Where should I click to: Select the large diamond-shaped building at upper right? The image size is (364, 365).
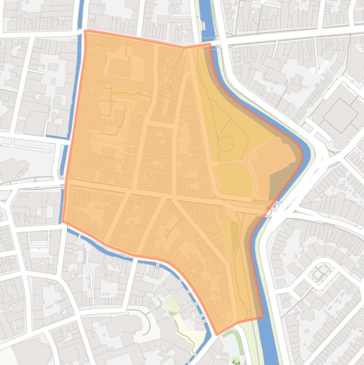340,115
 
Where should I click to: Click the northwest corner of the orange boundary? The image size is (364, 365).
86,31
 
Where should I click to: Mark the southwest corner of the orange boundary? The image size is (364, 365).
63,221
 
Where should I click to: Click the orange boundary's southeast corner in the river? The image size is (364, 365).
262,317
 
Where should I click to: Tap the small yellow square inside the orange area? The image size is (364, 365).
167,232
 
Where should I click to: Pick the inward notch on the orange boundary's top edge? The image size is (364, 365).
185,47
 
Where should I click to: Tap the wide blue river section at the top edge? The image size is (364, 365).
204,12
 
